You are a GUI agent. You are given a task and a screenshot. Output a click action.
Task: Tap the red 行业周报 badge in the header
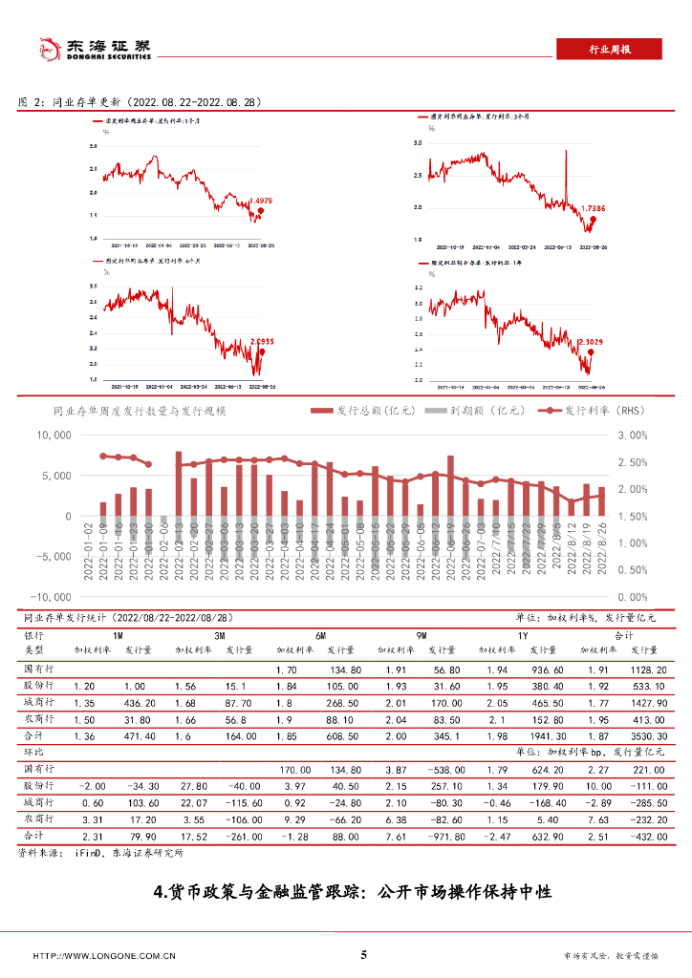607,50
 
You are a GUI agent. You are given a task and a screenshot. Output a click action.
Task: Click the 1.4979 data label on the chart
261,201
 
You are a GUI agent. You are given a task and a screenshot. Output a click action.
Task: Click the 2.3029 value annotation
593,341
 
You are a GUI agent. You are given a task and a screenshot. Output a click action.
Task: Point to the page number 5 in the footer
363,954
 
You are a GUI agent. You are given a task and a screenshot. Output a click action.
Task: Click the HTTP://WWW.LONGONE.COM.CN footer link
104,955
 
